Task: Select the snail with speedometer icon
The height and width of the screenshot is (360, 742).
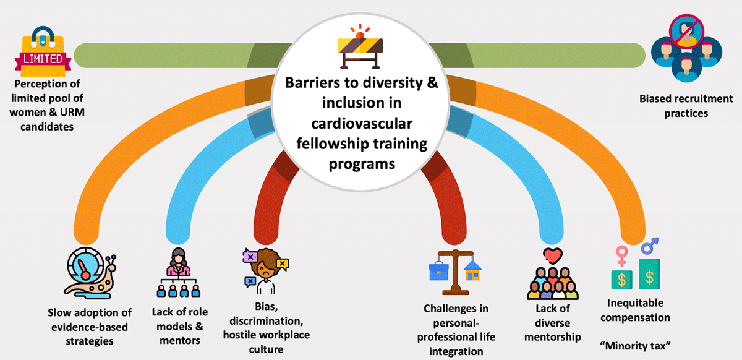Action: [90, 273]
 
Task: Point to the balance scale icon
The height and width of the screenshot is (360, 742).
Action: [455, 272]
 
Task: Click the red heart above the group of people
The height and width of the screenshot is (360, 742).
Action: [553, 255]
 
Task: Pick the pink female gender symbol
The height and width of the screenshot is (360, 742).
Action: [621, 255]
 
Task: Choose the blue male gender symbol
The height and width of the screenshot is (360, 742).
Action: [649, 246]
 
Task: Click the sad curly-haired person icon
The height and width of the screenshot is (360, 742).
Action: [266, 271]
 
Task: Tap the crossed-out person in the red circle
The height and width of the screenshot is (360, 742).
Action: [686, 32]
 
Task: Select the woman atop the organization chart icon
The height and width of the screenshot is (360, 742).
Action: [178, 262]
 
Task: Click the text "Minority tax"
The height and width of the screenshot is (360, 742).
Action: [635, 346]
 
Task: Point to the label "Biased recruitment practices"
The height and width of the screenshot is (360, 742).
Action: [686, 106]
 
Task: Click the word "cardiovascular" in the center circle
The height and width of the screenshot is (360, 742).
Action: [362, 124]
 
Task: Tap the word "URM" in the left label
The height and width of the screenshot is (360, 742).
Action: [72, 113]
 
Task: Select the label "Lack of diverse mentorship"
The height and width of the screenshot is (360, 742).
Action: [553, 322]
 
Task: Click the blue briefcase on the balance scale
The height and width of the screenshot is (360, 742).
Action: [438, 271]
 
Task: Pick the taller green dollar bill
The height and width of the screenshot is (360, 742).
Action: [649, 274]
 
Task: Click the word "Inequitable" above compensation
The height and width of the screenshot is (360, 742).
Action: [635, 303]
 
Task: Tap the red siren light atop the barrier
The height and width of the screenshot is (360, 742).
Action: [360, 32]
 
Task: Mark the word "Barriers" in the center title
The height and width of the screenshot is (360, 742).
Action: [312, 82]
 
